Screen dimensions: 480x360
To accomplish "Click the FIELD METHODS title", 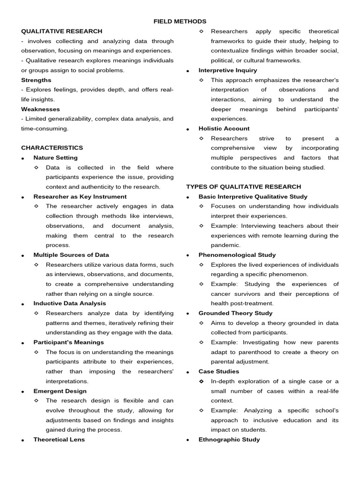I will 180,22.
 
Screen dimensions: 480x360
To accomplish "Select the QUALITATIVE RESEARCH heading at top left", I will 55,31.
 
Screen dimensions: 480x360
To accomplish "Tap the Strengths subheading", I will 36,80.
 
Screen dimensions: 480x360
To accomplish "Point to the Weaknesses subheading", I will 40,109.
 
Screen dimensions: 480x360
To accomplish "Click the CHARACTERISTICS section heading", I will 52,148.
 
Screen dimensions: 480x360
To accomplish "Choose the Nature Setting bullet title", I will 55,157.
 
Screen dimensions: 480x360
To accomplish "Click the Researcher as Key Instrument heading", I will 80,196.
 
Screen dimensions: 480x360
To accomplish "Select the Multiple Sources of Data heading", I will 71,255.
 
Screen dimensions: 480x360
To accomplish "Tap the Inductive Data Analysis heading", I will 69,303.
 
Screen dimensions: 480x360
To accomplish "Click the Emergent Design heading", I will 60,391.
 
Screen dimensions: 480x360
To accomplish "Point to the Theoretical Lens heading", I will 59,440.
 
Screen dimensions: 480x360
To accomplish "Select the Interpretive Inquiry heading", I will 227,70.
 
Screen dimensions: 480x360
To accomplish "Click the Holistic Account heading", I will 224,128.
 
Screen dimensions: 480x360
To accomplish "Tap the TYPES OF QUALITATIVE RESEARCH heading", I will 243,187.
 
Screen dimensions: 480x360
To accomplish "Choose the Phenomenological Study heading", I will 237,255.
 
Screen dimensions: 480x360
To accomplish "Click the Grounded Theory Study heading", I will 235,313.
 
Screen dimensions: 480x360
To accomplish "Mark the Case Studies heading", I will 218,371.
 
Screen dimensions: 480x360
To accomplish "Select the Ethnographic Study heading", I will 229,440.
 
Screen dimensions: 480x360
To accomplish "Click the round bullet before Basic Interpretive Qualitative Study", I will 187,197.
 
